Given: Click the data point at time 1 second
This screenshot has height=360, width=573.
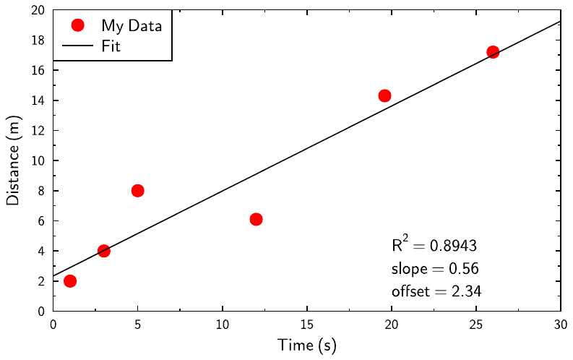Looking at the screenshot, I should pos(70,280).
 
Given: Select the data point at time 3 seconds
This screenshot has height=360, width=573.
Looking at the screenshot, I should pos(104,251).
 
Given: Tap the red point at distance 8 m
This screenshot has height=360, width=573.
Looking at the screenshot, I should pos(138,191).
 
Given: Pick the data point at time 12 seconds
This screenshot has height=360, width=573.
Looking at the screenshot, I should pos(256,219).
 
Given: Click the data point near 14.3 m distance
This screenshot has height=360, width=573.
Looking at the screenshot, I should pos(384,95).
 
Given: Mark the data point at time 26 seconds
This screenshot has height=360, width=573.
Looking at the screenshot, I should pos(493,52).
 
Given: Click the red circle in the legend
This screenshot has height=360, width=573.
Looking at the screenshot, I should pos(78,25).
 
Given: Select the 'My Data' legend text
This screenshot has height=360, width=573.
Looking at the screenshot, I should pos(132,25).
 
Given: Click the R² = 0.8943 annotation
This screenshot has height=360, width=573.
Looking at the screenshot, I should pos(434,244).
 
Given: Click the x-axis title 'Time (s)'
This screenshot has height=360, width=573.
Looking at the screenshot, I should pos(307,346).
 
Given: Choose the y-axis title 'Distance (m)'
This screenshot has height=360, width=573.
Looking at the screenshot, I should pos(13,160).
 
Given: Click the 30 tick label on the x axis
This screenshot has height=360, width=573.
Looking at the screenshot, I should pos(561,325).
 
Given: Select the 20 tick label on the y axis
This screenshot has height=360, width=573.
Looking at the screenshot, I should pos(38,10).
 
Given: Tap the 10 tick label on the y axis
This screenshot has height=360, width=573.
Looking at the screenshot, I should pos(38,160).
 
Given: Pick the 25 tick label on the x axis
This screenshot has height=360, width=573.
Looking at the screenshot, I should pos(476,325).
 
